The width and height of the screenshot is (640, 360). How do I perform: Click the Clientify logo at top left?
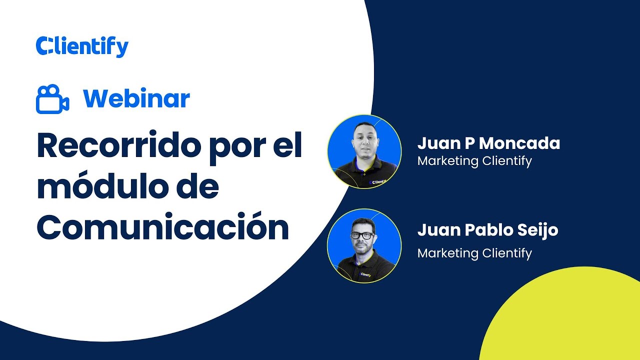[x=82, y=46]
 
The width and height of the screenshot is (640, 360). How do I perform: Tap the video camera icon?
[x=52, y=99]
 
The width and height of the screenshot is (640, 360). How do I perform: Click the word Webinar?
[x=136, y=98]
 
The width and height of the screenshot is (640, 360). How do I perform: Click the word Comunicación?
[x=162, y=228]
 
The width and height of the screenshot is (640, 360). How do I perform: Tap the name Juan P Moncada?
[x=488, y=144]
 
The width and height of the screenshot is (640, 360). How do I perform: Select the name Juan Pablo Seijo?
[x=487, y=230]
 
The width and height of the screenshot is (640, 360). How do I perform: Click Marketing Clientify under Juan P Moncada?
[x=474, y=161]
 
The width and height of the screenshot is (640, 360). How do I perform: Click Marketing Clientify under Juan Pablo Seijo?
[x=474, y=253]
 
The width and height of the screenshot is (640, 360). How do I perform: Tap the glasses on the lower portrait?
[x=363, y=235]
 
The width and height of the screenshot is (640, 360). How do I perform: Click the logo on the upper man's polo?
[x=378, y=182]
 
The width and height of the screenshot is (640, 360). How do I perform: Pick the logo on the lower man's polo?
[x=365, y=274]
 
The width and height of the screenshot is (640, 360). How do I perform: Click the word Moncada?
[x=519, y=144]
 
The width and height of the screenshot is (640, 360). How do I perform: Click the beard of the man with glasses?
[x=363, y=246]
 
